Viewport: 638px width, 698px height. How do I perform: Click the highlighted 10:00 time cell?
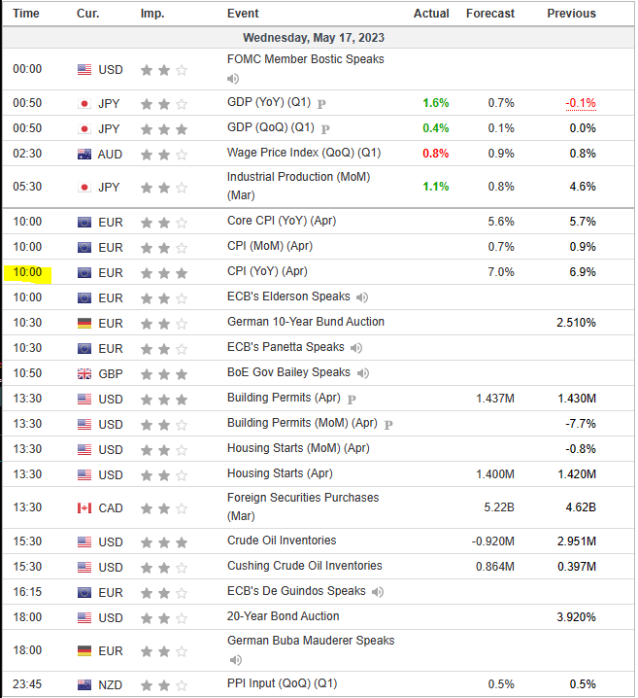pos(27,272)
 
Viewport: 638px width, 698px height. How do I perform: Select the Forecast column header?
pos(489,14)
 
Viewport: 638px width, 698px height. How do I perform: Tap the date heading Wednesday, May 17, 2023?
pos(319,38)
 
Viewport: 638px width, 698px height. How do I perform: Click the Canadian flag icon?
pos(84,507)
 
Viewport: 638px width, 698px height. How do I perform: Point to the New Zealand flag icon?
pos(84,684)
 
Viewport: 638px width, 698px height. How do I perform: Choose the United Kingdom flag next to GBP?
pos(84,373)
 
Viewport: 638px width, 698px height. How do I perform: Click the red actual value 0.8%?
pos(435,154)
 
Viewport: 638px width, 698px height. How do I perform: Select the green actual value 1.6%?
pos(435,103)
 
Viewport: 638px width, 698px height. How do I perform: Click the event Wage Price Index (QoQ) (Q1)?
pos(304,153)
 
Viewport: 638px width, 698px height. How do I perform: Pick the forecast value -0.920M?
pos(493,541)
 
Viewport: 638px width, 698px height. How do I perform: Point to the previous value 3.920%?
pos(575,616)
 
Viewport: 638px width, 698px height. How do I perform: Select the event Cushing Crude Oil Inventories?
pos(304,566)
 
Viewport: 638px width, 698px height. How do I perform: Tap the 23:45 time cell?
pos(27,684)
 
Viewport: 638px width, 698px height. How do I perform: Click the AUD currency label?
pos(111,154)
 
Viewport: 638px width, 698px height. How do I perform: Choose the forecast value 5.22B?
pos(498,507)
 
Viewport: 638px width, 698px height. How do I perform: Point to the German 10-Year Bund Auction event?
pos(306,322)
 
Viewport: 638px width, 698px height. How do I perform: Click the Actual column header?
pos(431,14)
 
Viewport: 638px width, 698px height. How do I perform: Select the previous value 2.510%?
pos(575,322)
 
